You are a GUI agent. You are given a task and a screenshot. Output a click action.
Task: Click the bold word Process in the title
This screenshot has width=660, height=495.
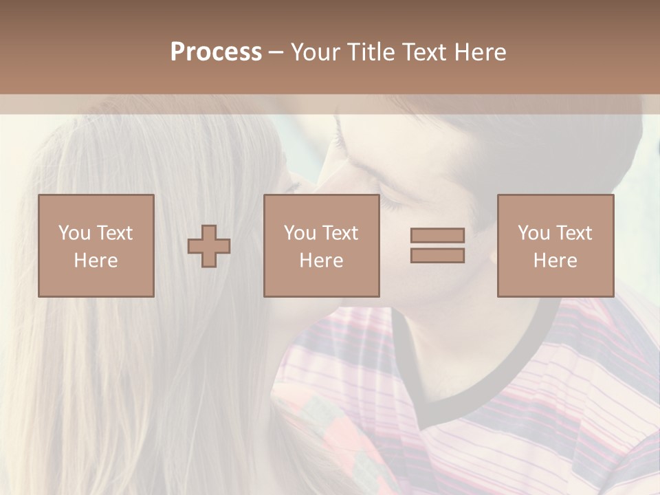pyautogui.click(x=216, y=52)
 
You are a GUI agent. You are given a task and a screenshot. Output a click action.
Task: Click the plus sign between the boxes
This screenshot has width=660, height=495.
pyautogui.click(x=209, y=246)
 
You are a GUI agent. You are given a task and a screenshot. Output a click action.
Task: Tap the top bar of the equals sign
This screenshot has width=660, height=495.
pyautogui.click(x=437, y=236)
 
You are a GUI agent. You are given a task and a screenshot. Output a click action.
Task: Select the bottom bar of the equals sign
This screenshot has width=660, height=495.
pyautogui.click(x=437, y=256)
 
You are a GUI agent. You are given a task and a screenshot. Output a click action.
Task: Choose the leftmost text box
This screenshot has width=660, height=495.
pyautogui.click(x=96, y=245)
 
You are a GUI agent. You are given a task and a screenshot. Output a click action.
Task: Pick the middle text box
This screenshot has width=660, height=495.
pyautogui.click(x=321, y=245)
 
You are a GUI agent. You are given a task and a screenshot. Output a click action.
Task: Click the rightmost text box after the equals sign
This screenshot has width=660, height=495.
pyautogui.click(x=555, y=245)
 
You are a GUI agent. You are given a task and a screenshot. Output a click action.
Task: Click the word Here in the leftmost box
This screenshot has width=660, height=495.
pyautogui.click(x=96, y=261)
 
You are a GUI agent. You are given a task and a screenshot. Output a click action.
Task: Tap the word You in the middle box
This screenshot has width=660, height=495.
pyautogui.click(x=300, y=233)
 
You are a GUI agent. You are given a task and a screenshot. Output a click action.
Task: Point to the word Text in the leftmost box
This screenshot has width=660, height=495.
pyautogui.click(x=114, y=233)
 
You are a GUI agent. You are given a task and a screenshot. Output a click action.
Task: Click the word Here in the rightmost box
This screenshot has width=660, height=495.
pyautogui.click(x=555, y=261)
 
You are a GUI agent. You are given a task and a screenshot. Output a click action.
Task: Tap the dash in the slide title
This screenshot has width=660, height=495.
pyautogui.click(x=276, y=52)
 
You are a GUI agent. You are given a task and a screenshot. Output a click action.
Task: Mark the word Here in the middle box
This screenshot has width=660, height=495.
pyautogui.click(x=321, y=261)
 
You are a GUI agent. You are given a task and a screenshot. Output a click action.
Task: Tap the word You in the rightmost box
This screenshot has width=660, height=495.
pyautogui.click(x=533, y=233)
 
